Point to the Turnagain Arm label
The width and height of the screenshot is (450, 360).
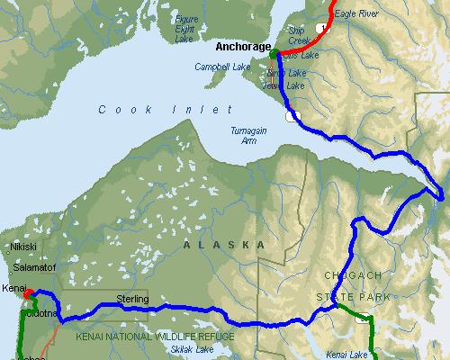[247, 134]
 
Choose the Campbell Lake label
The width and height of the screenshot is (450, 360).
[221, 67]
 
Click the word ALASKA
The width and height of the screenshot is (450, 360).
[224, 245]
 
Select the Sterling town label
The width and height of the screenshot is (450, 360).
[132, 299]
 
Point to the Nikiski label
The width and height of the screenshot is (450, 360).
[22, 245]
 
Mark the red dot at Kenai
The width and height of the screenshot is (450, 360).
[28, 293]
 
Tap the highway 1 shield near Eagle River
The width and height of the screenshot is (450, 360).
[321, 29]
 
